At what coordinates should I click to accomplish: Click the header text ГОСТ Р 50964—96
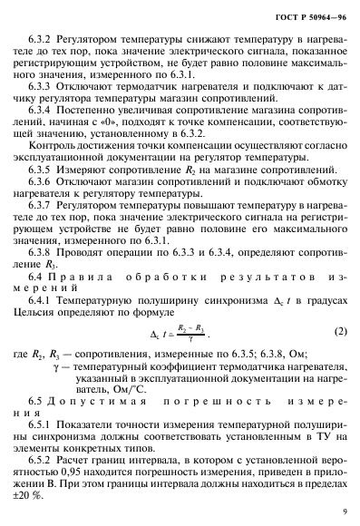pos(306,16)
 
